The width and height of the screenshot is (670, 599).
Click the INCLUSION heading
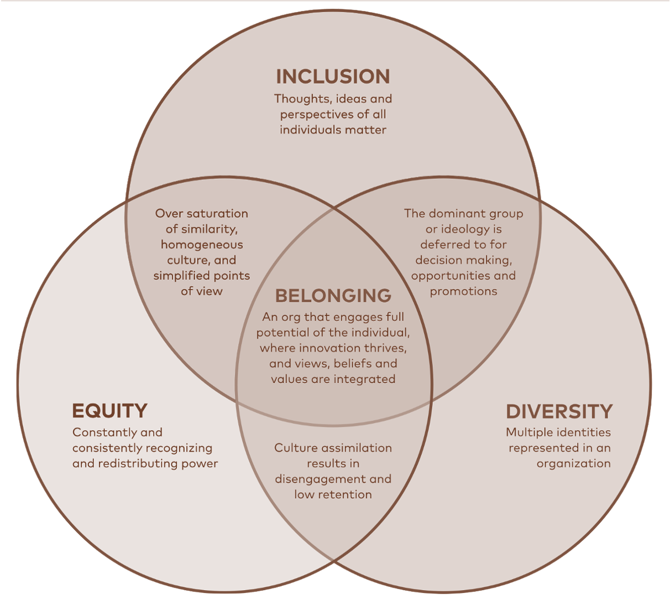click(x=333, y=76)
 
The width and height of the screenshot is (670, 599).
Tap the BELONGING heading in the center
click(x=333, y=296)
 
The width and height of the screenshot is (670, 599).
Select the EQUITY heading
click(x=110, y=411)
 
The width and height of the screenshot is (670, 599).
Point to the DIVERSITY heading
click(x=559, y=411)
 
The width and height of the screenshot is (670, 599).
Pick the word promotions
click(x=463, y=292)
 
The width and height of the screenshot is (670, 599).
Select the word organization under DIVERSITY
click(x=574, y=464)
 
